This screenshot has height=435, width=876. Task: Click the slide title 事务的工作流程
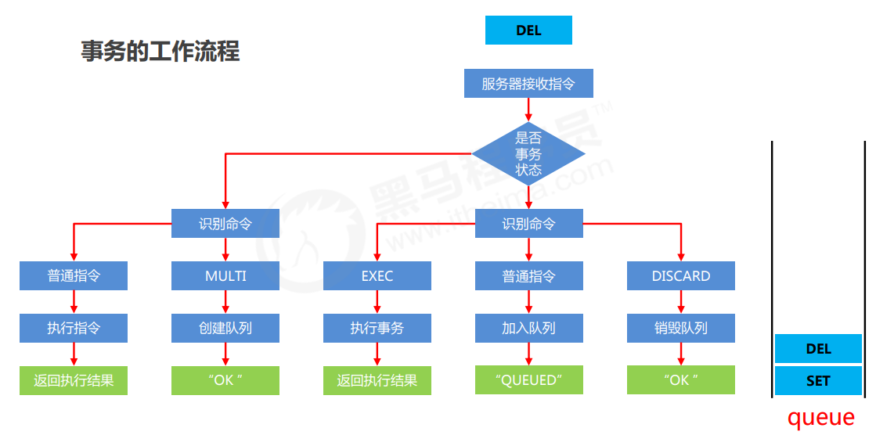[160, 52]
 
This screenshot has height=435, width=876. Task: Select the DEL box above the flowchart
[528, 31]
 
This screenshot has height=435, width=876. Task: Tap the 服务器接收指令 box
[528, 84]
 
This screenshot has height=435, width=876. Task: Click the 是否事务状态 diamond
[528, 153]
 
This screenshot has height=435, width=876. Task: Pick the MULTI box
[225, 276]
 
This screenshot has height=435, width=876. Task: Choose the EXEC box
[377, 276]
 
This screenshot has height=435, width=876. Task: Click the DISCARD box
[681, 276]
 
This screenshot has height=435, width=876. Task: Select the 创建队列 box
[225, 328]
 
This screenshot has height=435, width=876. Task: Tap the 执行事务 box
[377, 328]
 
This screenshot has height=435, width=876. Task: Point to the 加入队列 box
[528, 328]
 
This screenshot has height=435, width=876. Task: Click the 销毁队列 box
[681, 328]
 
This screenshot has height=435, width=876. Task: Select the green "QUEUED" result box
[528, 380]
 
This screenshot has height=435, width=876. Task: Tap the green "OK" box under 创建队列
[225, 380]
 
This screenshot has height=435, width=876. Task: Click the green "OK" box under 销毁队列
[681, 380]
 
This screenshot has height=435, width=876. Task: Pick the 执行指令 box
[74, 328]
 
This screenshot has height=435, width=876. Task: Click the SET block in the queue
[818, 381]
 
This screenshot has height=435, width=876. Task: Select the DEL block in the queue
[818, 349]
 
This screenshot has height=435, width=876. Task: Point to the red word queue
[820, 417]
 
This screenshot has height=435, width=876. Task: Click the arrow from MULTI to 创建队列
[225, 302]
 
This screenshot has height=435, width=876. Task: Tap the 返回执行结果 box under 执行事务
[377, 380]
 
